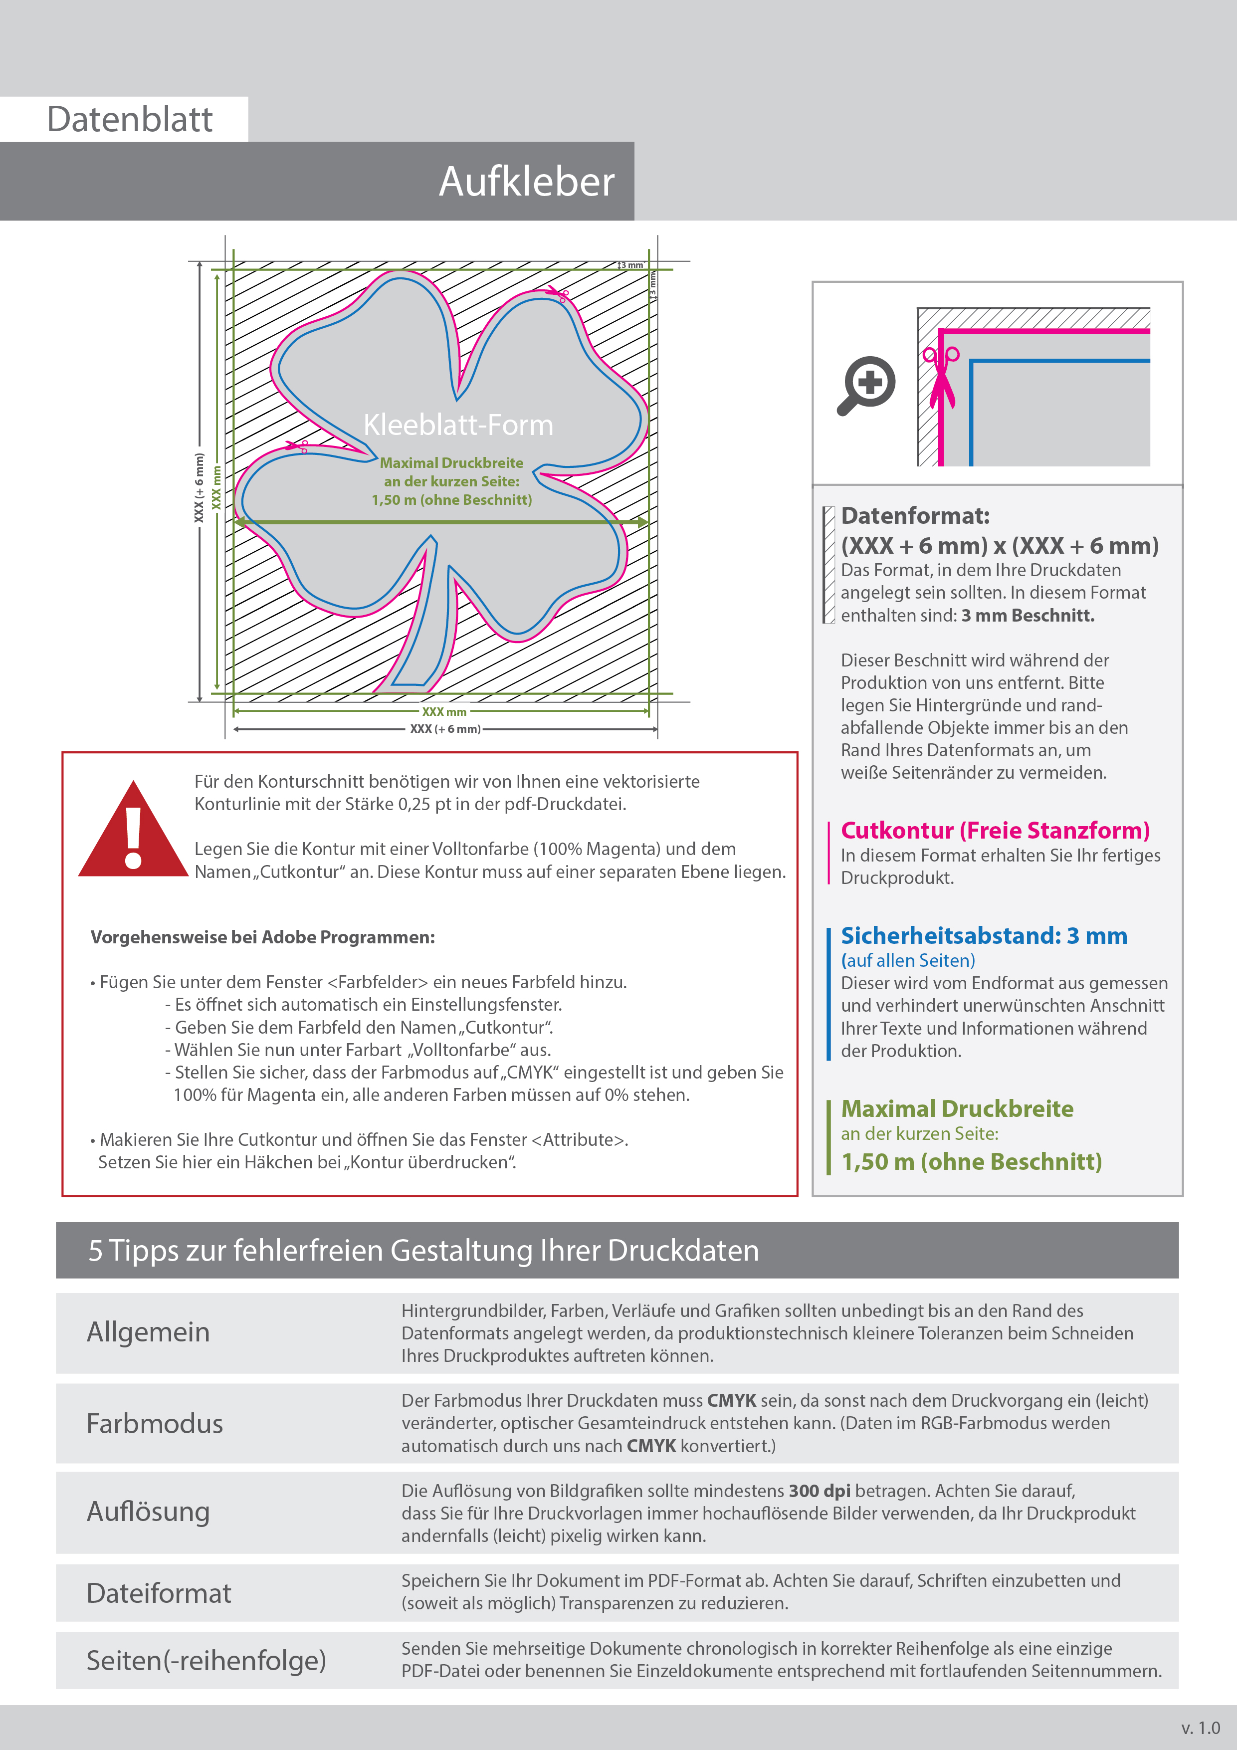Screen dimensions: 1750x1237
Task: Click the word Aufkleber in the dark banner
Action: [526, 182]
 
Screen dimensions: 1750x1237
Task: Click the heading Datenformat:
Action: [915, 516]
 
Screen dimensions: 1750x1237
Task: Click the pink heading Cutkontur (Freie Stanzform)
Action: [995, 830]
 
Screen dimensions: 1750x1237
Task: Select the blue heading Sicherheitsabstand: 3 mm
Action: [983, 935]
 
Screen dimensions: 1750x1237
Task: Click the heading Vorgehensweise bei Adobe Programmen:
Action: [262, 937]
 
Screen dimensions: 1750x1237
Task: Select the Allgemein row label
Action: [148, 1331]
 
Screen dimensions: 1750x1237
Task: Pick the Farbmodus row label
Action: [155, 1423]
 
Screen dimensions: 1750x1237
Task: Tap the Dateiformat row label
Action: [159, 1593]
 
